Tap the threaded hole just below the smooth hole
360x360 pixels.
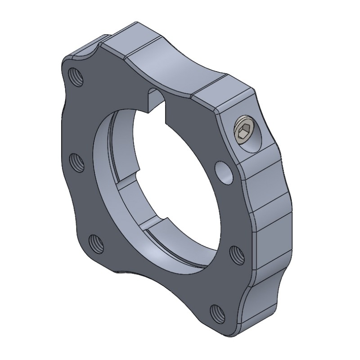pos(236,255)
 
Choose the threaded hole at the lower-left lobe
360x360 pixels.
pos(96,244)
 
